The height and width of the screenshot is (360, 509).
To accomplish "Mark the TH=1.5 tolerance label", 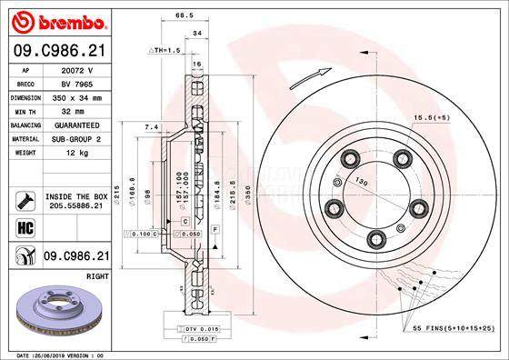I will pyautogui.click(x=165, y=50).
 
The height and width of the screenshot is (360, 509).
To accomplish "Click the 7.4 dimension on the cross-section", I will pyautogui.click(x=152, y=126).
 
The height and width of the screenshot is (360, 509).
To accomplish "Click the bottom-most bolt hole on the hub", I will pyautogui.click(x=375, y=239).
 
